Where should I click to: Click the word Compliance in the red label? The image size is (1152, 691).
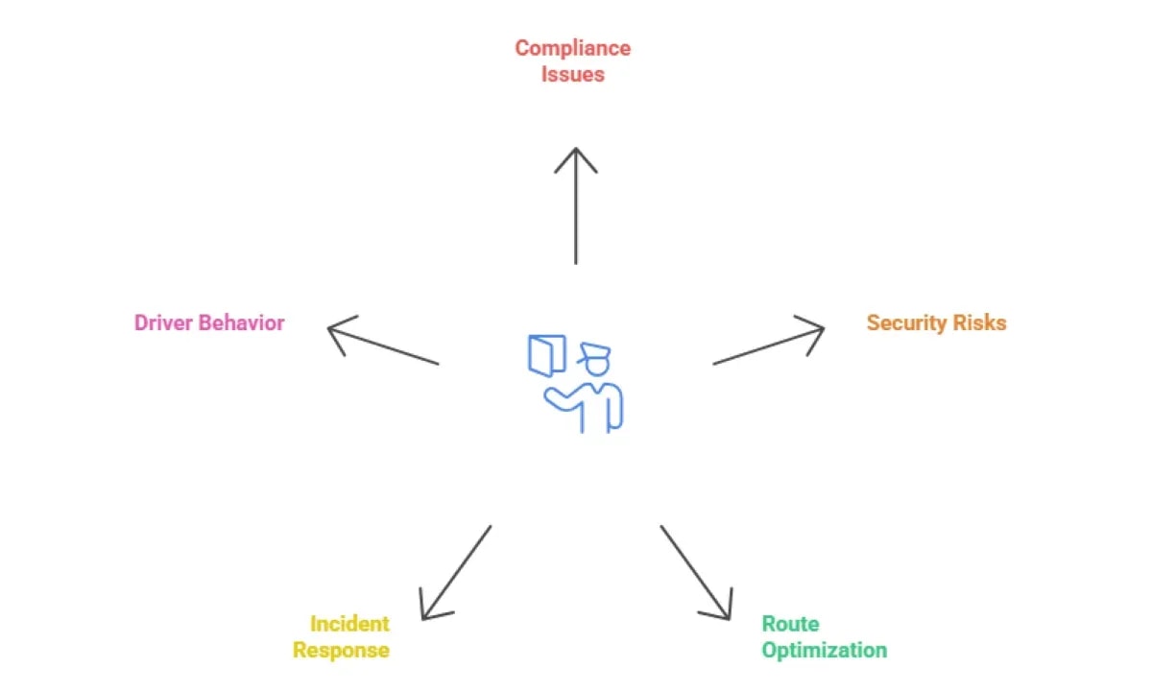pyautogui.click(x=572, y=48)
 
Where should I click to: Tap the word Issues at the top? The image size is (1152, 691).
pyautogui.click(x=572, y=75)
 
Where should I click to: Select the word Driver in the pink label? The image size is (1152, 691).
pyautogui.click(x=163, y=322)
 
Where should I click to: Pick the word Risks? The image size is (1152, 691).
pyautogui.click(x=979, y=322)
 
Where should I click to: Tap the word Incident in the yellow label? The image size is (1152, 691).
pyautogui.click(x=349, y=624)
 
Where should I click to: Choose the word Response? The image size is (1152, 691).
pyautogui.click(x=341, y=651)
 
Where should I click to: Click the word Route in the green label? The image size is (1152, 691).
pyautogui.click(x=790, y=624)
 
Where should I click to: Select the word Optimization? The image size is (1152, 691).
pyautogui.click(x=824, y=651)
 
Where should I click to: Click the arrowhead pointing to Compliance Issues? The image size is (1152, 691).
pyautogui.click(x=576, y=154)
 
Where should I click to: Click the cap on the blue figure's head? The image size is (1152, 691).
pyautogui.click(x=593, y=351)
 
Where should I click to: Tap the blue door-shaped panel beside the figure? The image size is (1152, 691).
pyautogui.click(x=547, y=354)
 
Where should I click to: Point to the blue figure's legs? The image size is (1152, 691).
pyautogui.click(x=595, y=417)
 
